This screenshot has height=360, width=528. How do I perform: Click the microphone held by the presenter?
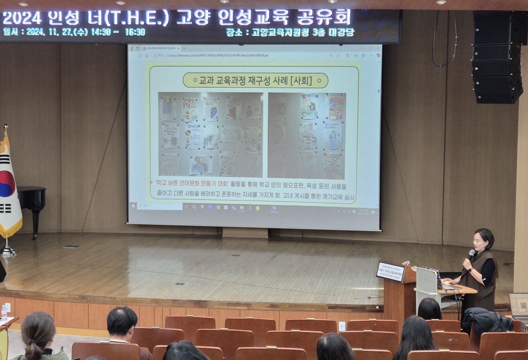471,254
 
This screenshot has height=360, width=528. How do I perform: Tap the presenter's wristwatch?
470,270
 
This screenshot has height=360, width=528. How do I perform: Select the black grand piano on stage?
31,201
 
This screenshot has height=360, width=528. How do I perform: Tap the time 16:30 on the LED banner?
135,32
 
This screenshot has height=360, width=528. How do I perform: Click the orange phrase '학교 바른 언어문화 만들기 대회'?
192,183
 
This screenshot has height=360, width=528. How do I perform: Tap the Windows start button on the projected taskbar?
133,206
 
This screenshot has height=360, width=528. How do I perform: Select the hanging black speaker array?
497,57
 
